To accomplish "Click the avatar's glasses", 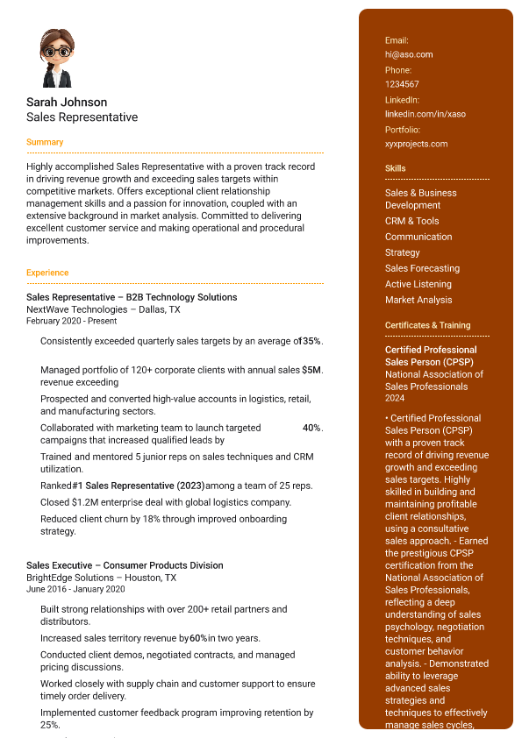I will pos(57,52).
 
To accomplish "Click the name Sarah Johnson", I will pos(67,103).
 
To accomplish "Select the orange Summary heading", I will pos(45,142).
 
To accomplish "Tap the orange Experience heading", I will pos(47,273).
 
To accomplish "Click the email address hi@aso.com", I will pos(409,54).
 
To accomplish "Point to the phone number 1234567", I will pos(402,84).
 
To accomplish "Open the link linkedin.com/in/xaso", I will pos(425,114).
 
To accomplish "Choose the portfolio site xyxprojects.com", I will pos(416,144).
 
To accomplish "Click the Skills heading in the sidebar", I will pos(396,168).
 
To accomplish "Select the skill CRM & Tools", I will pos(412,221).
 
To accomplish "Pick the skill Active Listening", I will pos(418,284).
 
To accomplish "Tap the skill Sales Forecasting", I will pos(422,268).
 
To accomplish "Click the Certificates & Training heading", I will pos(427,325).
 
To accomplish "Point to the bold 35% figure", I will pos(312,341).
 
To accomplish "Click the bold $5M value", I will pos(311,370).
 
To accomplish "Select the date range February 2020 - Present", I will pos(71,321).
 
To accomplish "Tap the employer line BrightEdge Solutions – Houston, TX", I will pos(101,578).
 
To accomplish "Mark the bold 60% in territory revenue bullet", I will pos(198,638).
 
